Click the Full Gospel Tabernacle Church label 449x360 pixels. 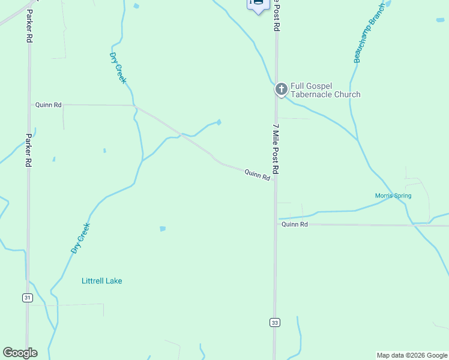325,90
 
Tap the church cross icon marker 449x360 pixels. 280,90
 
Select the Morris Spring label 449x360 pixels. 393,196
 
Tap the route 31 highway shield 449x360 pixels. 28,298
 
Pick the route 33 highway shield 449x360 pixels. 274,323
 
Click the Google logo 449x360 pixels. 20,353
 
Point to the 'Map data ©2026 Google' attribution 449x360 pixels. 412,355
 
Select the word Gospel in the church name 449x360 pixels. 319,86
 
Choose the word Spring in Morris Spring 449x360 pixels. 402,196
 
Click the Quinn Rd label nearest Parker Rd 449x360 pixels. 49,104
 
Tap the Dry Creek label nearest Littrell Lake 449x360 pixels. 80,238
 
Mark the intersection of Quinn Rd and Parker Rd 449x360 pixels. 29,104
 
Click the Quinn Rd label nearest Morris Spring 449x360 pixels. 295,224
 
